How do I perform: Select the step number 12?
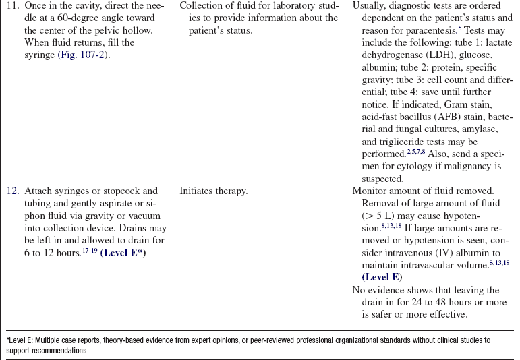point(12,191)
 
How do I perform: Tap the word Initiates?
point(199,191)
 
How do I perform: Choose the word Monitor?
point(370,191)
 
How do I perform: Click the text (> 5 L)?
point(379,216)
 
